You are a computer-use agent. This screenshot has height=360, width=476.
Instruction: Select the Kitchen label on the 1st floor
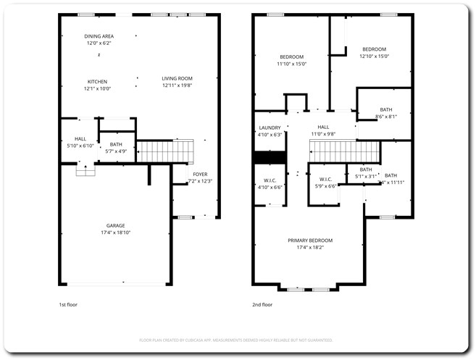(x=98, y=81)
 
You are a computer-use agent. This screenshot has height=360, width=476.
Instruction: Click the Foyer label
(x=199, y=174)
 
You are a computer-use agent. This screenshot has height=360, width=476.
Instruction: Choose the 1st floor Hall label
(x=80, y=138)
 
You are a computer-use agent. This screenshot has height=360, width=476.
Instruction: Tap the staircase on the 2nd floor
(x=344, y=153)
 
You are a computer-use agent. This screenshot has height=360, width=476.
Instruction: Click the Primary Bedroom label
(x=309, y=240)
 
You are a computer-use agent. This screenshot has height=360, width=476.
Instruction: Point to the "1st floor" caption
(x=69, y=305)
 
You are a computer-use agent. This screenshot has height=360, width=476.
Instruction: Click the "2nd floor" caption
(x=262, y=305)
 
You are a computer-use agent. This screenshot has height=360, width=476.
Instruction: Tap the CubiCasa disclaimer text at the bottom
(x=235, y=339)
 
